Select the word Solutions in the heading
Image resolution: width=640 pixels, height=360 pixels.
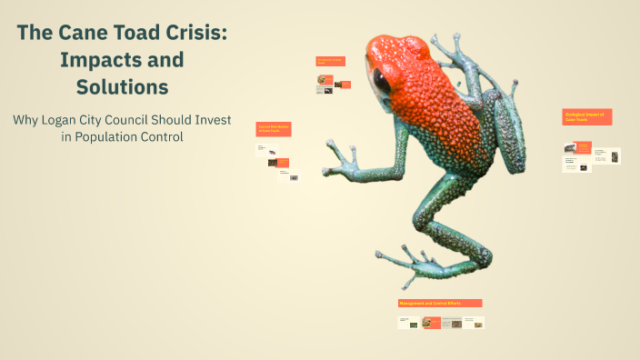pyautogui.click(x=122, y=87)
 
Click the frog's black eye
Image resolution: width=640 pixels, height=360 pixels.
pyautogui.click(x=383, y=83)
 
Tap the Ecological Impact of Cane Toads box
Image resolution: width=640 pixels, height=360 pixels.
pyautogui.click(x=587, y=117)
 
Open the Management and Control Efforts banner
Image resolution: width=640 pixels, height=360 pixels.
pyautogui.click(x=440, y=303)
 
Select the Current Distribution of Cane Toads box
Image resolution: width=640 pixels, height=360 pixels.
pyautogui.click(x=273, y=129)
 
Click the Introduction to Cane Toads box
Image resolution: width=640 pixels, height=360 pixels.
pyautogui.click(x=330, y=61)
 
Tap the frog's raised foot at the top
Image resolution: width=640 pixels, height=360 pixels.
pyautogui.click(x=447, y=46)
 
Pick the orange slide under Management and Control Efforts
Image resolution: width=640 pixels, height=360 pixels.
pyautogui.click(x=431, y=323)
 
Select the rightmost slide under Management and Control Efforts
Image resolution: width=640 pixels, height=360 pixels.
pyautogui.click(x=474, y=323)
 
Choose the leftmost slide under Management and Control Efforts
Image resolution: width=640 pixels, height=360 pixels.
pyautogui.click(x=408, y=323)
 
